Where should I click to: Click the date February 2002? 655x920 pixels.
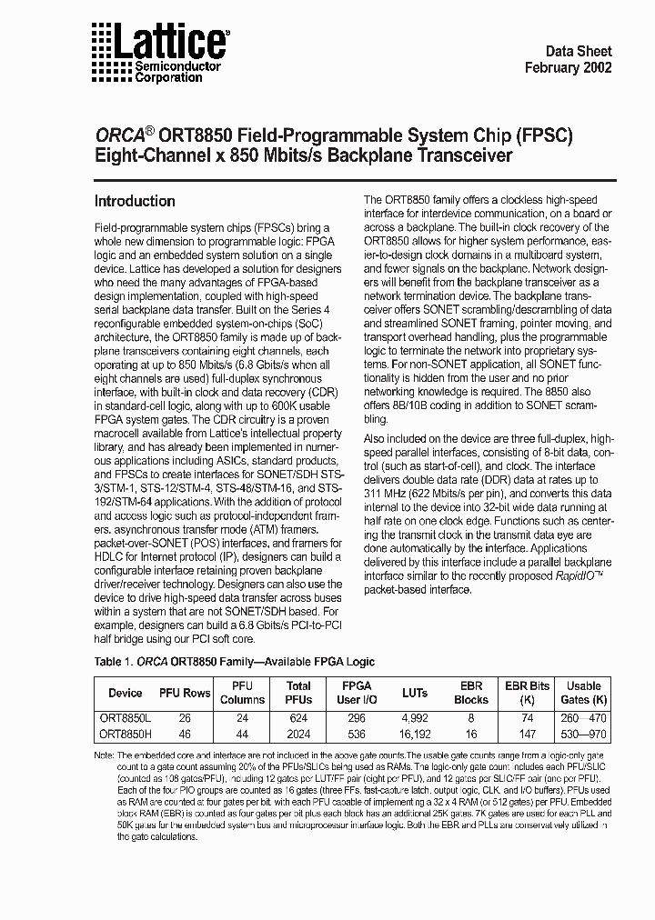[x=569, y=68]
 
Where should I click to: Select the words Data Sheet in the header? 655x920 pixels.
[x=578, y=52]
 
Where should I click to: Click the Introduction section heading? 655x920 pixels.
[x=136, y=201]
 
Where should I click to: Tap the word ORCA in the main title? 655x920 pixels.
[x=121, y=137]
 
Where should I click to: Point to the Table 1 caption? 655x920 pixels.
[x=234, y=662]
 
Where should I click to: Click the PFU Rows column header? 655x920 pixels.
[x=185, y=693]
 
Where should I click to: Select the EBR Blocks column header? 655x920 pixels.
[x=471, y=693]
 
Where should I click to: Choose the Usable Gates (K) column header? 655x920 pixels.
[x=584, y=693]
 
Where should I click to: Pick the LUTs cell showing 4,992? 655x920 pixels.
[x=414, y=717]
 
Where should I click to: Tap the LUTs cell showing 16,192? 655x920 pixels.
[x=414, y=733]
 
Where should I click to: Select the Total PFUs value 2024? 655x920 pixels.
[x=298, y=733]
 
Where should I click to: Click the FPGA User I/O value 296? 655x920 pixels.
[x=356, y=717]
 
